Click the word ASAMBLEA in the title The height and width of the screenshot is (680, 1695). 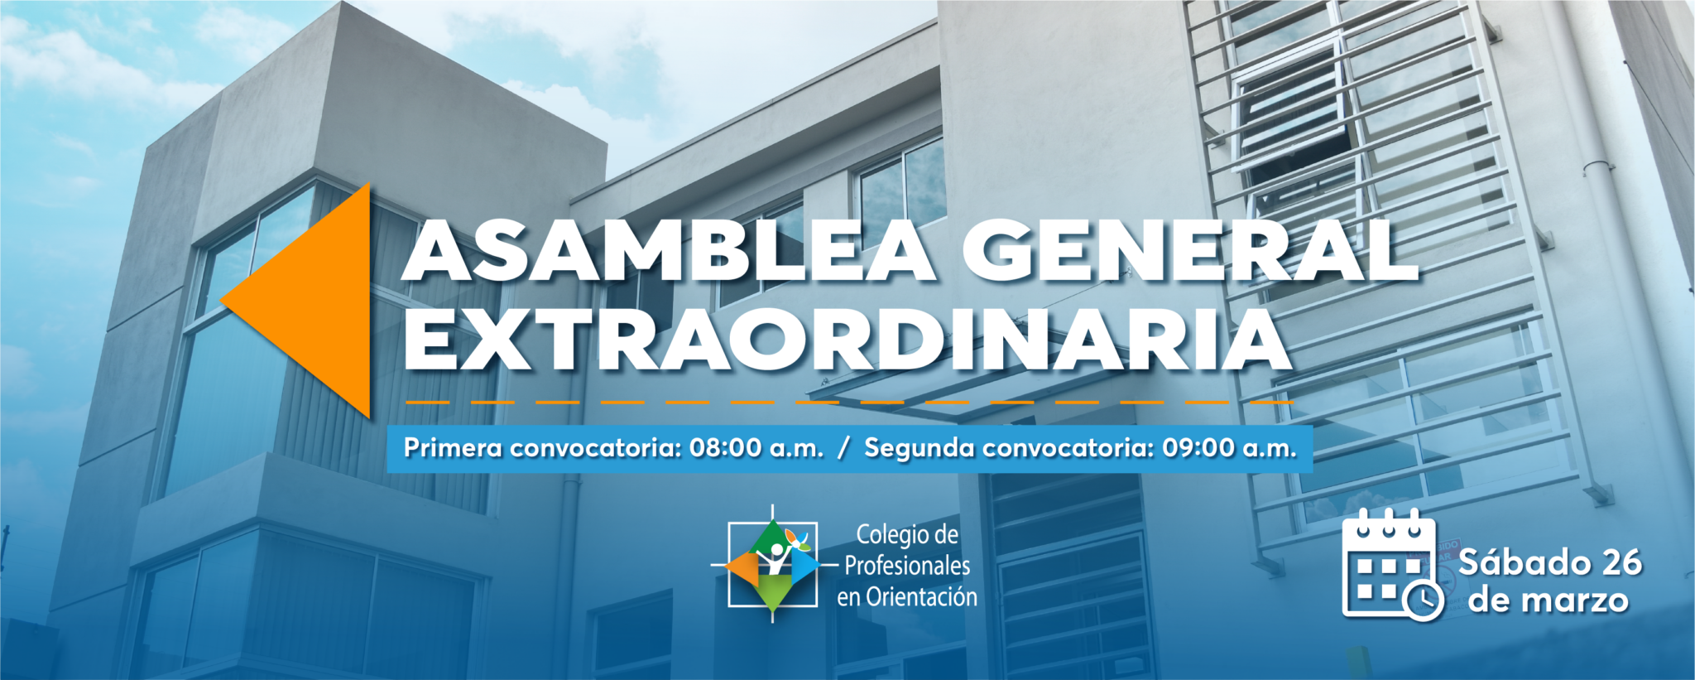coord(669,251)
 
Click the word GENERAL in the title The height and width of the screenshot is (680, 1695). coord(1190,251)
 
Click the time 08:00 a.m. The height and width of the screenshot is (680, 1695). coord(756,448)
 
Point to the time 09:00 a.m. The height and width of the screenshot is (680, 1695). coord(1229,448)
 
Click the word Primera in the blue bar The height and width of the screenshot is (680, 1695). coord(453,448)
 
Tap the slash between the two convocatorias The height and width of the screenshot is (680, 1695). coord(843,448)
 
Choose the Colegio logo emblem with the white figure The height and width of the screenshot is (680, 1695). coord(772,564)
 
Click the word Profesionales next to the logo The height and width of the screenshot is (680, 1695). coord(907,566)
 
